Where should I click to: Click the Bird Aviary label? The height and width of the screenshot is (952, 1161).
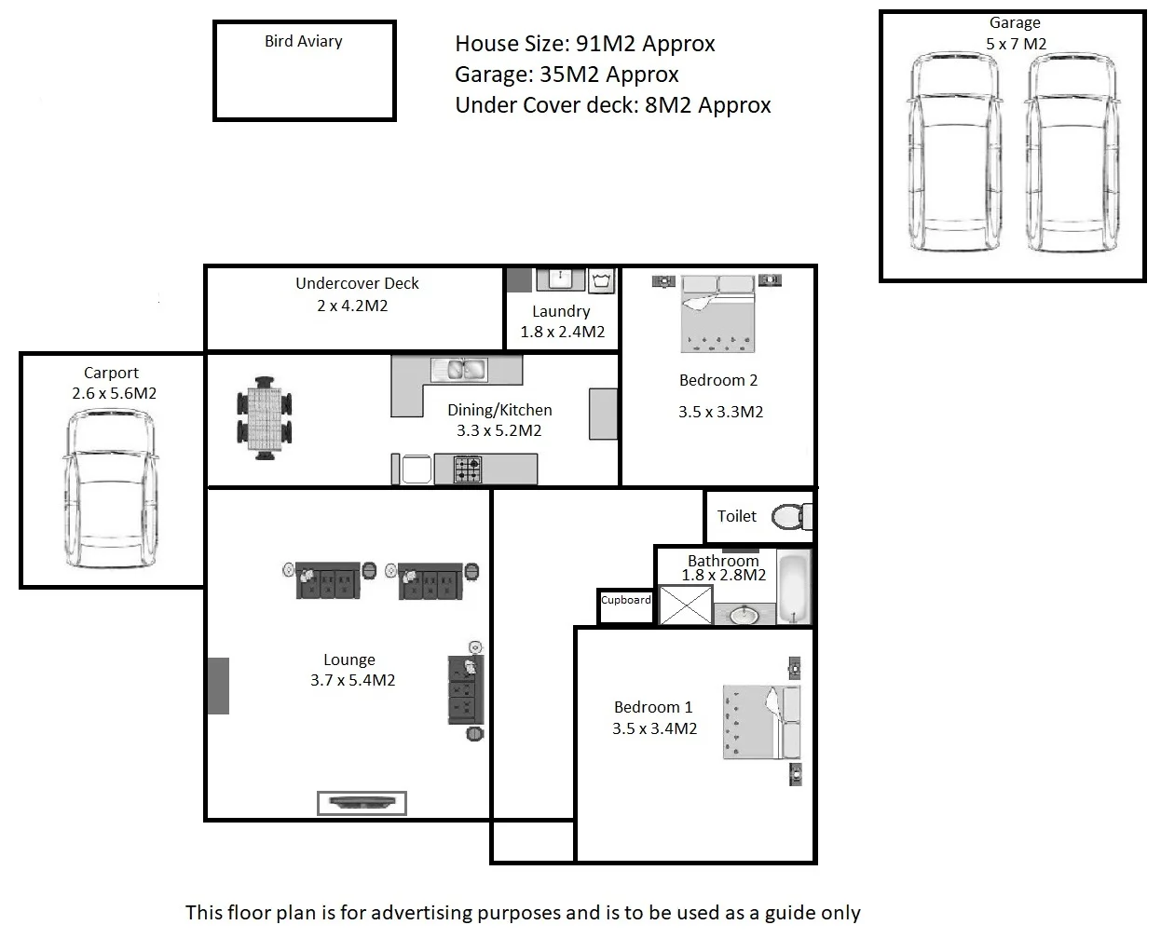303,41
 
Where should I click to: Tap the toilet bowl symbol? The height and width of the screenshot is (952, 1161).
788,516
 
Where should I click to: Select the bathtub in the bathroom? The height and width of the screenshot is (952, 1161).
794,587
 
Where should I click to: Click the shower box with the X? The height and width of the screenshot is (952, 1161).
685,605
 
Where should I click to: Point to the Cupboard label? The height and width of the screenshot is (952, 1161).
625,600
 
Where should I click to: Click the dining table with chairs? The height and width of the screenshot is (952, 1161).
265,417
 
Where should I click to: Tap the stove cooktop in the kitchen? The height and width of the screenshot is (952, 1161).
468,469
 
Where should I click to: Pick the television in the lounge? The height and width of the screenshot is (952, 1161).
362,802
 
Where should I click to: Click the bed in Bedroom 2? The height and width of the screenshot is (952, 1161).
717,314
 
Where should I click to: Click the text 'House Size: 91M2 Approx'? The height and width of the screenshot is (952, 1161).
584,44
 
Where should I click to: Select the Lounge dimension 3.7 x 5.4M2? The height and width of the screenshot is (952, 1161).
352,680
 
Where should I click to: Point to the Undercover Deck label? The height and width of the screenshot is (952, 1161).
357,283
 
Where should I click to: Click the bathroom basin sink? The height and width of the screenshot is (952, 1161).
744,615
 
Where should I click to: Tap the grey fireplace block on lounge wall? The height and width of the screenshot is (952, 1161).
218,686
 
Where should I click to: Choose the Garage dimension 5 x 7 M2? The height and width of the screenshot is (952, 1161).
1015,44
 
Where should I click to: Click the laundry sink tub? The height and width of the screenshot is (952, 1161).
560,279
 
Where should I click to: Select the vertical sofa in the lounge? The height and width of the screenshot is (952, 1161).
466,689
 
